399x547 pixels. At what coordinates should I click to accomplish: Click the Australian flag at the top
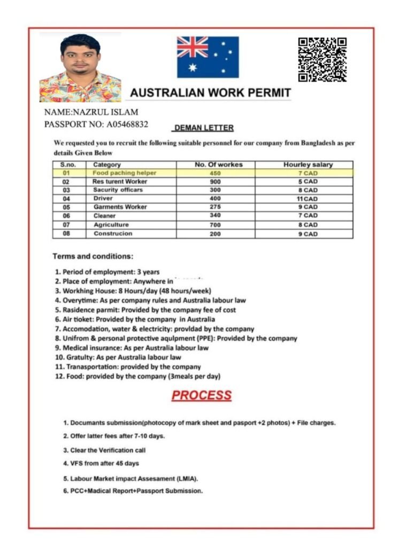tap(208, 57)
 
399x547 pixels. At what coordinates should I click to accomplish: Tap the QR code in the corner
tap(322, 59)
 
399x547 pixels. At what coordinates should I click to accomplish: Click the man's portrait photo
tap(80, 68)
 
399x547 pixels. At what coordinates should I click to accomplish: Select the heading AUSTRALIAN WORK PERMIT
tap(211, 92)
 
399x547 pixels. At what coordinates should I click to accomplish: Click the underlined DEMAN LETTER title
tap(204, 128)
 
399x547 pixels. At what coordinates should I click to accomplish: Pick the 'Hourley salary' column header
tap(308, 165)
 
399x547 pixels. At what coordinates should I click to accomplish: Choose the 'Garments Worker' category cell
tap(120, 207)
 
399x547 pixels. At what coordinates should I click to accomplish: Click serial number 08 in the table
tap(66, 233)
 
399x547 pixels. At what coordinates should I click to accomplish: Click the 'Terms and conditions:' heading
tap(93, 256)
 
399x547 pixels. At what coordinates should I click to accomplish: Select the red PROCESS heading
tap(202, 396)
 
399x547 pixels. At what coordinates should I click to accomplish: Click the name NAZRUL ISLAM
tap(106, 112)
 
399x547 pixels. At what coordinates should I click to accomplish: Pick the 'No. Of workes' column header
tap(218, 165)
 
